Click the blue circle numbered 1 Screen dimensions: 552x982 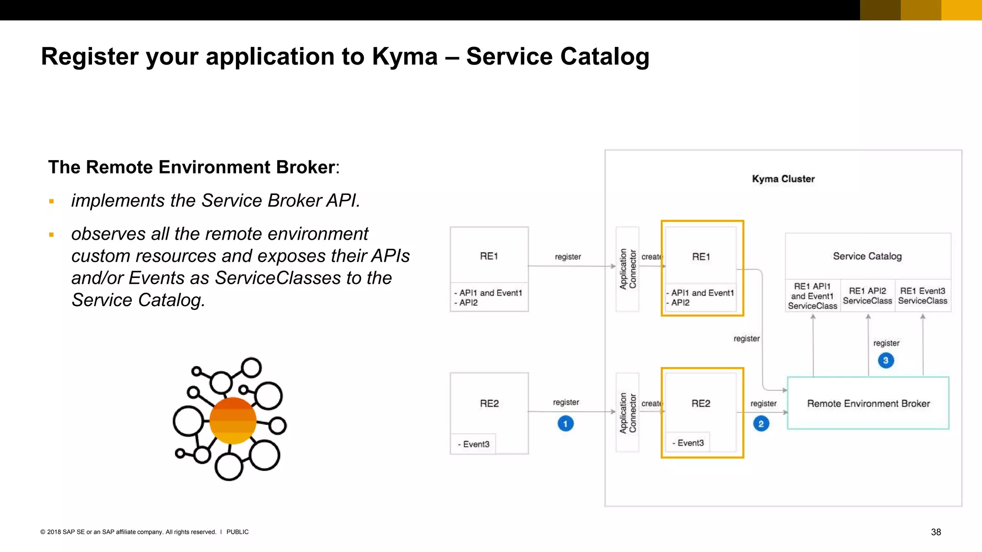click(x=565, y=424)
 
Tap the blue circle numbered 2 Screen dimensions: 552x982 click(x=761, y=424)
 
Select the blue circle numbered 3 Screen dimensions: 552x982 click(x=886, y=360)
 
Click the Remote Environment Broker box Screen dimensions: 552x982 click(x=868, y=403)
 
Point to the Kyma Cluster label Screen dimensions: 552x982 click(x=783, y=179)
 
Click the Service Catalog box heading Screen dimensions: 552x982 click(x=867, y=256)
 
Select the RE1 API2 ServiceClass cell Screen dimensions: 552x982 click(x=867, y=296)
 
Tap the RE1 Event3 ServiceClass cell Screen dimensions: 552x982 click(x=923, y=296)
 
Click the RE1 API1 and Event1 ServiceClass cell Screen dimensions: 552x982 click(x=812, y=296)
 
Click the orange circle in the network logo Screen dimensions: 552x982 click(x=233, y=421)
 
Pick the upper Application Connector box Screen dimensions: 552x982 click(x=627, y=269)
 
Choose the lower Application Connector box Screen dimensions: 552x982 click(x=627, y=413)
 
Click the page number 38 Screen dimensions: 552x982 click(x=935, y=532)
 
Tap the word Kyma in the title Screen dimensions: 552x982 click(x=405, y=57)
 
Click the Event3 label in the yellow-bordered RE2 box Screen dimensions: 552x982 click(x=688, y=443)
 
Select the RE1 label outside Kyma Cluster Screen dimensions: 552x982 click(x=489, y=256)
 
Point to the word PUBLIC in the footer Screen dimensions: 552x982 click(x=237, y=532)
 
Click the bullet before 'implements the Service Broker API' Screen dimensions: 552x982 click(x=51, y=201)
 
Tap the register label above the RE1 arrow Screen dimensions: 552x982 click(x=568, y=257)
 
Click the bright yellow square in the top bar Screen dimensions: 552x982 click(x=961, y=10)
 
